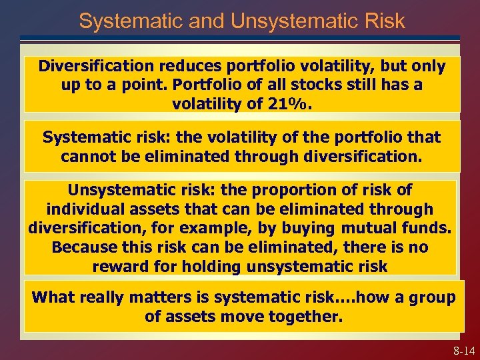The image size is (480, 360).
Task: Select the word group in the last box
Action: [431, 297]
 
